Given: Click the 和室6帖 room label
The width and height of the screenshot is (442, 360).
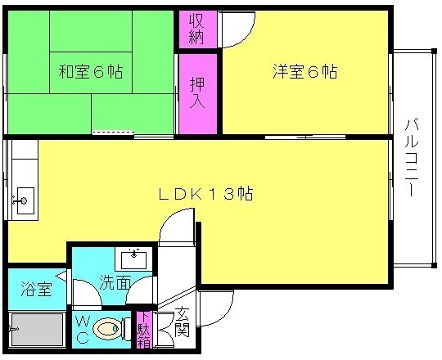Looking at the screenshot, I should (x=90, y=72).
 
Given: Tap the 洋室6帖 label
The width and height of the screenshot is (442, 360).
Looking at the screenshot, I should (x=304, y=72).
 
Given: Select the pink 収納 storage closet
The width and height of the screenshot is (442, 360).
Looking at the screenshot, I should (x=197, y=29).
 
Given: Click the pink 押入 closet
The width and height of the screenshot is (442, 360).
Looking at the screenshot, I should (x=197, y=92).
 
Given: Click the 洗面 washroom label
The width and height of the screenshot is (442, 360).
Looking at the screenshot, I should (x=115, y=283).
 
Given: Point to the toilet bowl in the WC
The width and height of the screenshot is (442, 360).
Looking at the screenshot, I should (x=108, y=330).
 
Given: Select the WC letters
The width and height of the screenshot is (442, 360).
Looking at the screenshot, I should (x=83, y=331).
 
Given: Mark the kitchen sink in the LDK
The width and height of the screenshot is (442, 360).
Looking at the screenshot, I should (x=23, y=200).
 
